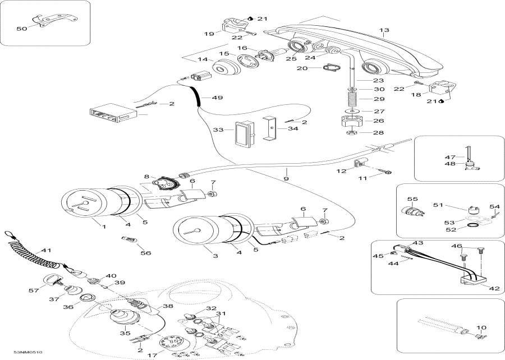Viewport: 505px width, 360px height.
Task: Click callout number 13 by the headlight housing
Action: (x=384, y=30)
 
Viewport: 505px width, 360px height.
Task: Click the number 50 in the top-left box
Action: (x=22, y=28)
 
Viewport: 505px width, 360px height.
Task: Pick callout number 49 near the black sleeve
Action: (x=217, y=97)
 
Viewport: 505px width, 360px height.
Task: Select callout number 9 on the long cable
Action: (x=286, y=179)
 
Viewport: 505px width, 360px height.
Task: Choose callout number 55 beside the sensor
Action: (x=413, y=199)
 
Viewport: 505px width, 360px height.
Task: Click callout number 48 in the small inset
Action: (x=449, y=164)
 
